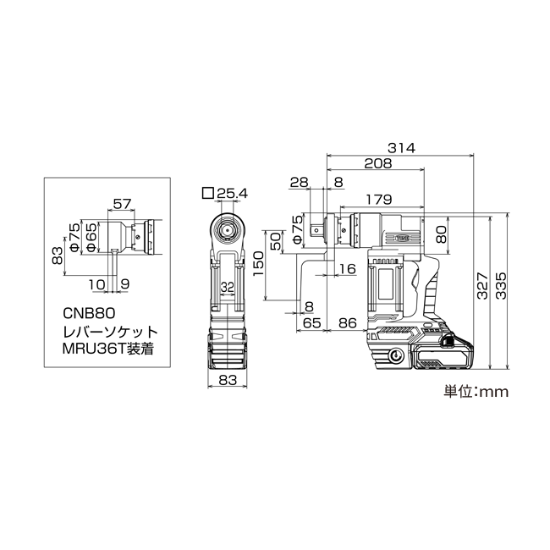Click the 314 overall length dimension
401,148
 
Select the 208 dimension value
377,163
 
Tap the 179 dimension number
378,200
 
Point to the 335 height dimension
501,285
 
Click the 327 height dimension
482,285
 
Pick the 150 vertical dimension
258,263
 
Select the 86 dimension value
348,322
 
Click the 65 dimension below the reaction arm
312,322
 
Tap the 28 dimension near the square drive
300,183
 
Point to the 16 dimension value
348,269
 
